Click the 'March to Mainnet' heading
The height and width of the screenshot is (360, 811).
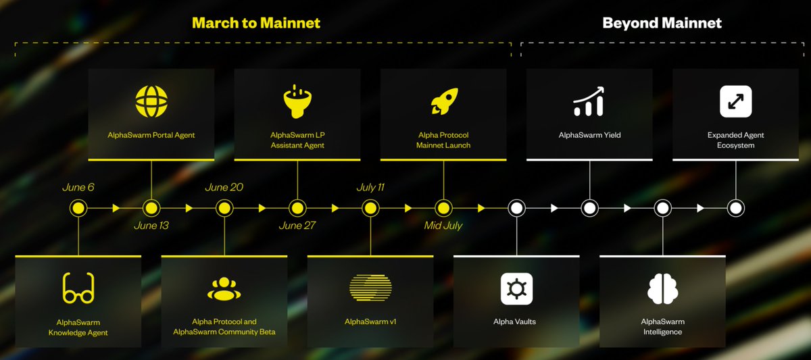coord(256,23)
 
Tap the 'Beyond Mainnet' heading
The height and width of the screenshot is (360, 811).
coord(662,23)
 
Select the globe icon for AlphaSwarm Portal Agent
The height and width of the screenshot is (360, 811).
coord(151,101)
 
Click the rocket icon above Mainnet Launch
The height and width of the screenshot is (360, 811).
coord(444,101)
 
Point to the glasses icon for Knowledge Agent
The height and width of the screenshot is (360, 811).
coord(78,288)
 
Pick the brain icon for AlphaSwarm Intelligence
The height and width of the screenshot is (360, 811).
coord(662,288)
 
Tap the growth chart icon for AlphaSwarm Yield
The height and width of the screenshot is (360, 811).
coord(589,101)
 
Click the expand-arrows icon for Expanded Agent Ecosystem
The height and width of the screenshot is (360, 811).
coord(736,101)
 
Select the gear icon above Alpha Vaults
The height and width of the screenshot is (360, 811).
coord(516,288)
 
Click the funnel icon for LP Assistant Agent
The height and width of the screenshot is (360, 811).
coord(297,101)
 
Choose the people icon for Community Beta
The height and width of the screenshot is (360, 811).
coord(224,288)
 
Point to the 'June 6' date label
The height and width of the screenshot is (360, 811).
coord(78,187)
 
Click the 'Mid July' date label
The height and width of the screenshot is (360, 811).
coord(443,226)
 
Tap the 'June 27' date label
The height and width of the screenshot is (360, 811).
coord(297,226)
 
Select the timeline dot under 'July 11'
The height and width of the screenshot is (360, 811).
coord(370,209)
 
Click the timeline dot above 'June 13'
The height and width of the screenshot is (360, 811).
coord(151,209)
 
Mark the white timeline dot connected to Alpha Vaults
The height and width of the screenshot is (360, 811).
coord(516,209)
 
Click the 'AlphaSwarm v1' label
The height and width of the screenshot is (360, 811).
coord(370,322)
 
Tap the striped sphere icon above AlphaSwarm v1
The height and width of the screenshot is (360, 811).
coord(370,288)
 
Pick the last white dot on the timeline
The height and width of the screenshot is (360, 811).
coord(736,209)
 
